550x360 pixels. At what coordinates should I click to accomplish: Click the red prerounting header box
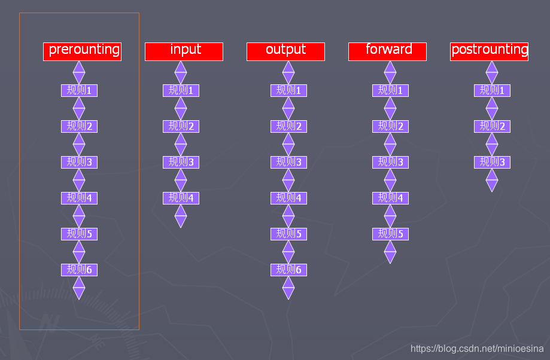pos(82,51)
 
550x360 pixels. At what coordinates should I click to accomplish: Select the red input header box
pos(184,51)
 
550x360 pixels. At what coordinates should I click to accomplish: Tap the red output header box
pos(285,51)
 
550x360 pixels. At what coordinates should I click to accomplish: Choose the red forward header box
pos(387,51)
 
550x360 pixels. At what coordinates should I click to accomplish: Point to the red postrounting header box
pos(489,51)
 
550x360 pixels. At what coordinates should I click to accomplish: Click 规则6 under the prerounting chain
pos(79,270)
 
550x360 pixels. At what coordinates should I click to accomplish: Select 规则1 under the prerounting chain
pos(79,90)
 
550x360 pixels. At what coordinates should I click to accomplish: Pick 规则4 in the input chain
pos(181,198)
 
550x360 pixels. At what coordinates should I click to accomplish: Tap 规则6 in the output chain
pos(288,270)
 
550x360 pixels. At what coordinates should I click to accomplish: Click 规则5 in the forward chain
pos(390,234)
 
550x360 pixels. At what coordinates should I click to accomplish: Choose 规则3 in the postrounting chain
pos(492,162)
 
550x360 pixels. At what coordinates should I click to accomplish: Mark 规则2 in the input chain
pos(181,126)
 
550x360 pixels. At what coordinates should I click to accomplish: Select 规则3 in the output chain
pos(288,162)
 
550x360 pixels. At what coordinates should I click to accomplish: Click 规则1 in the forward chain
pos(390,90)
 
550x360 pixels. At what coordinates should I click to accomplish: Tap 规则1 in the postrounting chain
pos(492,90)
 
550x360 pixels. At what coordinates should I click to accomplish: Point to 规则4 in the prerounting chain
pos(79,198)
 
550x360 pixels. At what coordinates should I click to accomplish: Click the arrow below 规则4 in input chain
pos(181,216)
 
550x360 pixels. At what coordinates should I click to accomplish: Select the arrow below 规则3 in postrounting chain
pos(492,180)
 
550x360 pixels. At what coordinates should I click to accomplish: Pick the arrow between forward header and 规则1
pos(390,72)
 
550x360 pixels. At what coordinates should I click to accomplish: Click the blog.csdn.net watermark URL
pos(476,348)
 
